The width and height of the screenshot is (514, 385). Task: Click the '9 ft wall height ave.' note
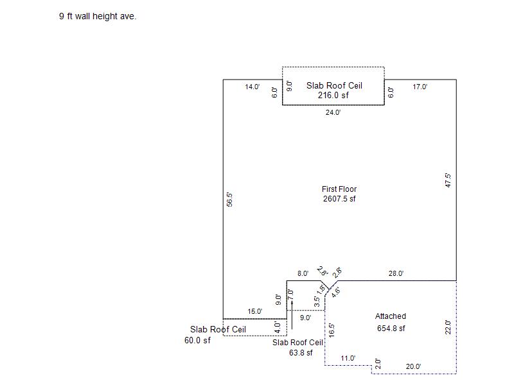pyautogui.click(x=98, y=16)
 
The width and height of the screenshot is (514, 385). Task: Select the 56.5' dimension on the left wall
pyautogui.click(x=229, y=200)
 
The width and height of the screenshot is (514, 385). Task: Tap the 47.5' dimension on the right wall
pyautogui.click(x=448, y=180)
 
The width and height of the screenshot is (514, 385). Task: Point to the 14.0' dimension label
pyautogui.click(x=252, y=87)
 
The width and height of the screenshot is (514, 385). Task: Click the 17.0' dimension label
pyautogui.click(x=420, y=87)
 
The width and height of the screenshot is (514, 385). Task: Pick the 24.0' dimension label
pyautogui.click(x=333, y=112)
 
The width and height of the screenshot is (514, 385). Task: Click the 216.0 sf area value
pyautogui.click(x=333, y=95)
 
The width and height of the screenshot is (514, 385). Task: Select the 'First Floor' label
pyautogui.click(x=339, y=189)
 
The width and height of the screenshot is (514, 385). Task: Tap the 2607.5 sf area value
pyautogui.click(x=339, y=199)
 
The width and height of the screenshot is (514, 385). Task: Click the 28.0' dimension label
pyautogui.click(x=396, y=273)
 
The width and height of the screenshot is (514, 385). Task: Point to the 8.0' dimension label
pyautogui.click(x=303, y=273)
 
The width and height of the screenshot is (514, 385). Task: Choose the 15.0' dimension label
pyautogui.click(x=254, y=311)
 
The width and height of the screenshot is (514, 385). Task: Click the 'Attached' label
pyautogui.click(x=391, y=316)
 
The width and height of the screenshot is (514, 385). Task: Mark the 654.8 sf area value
pyautogui.click(x=391, y=329)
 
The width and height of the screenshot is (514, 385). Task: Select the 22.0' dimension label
pyautogui.click(x=448, y=327)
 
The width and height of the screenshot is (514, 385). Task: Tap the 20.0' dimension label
pyautogui.click(x=413, y=366)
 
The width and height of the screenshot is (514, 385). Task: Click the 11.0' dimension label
pyautogui.click(x=348, y=358)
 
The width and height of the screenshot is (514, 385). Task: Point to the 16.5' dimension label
pyautogui.click(x=332, y=330)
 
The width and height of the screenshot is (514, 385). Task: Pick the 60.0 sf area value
pyautogui.click(x=197, y=341)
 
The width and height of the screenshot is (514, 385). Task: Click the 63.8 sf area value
pyautogui.click(x=301, y=352)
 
